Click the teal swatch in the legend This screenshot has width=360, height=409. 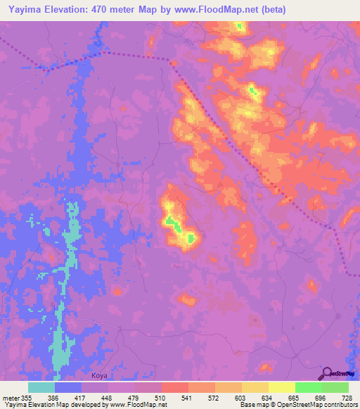pos(41,387)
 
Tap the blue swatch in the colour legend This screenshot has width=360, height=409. pos(68,387)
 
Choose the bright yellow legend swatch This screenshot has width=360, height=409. pos(282,387)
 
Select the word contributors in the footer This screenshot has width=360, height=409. pos(340,405)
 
